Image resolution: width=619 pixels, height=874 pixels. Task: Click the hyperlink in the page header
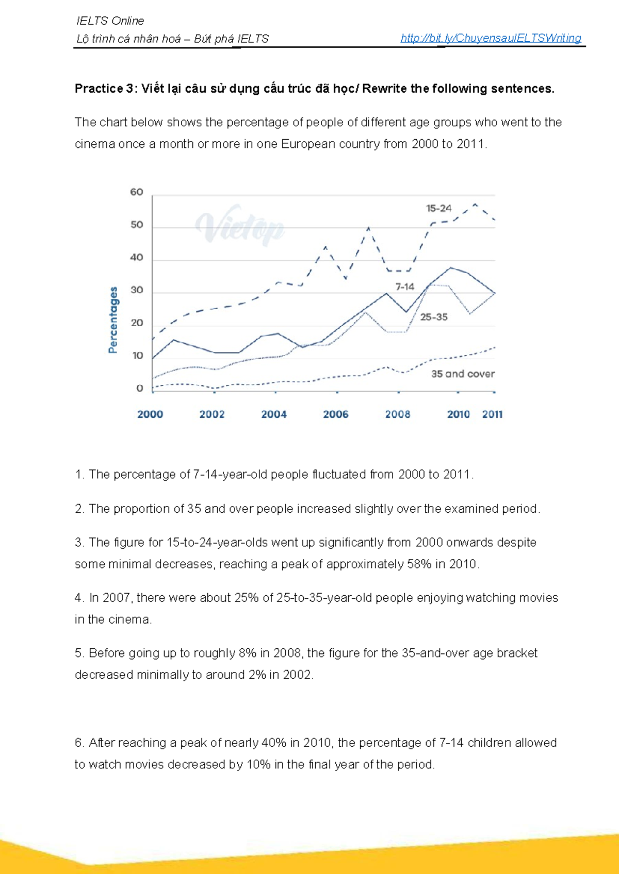tap(491, 38)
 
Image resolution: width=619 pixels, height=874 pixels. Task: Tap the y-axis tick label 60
tap(137, 192)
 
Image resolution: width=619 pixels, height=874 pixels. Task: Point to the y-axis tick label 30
tap(137, 290)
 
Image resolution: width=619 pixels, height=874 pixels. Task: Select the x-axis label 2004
tap(274, 414)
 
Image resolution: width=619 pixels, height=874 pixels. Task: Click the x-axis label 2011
tap(493, 414)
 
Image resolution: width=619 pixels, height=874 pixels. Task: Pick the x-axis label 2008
tap(398, 414)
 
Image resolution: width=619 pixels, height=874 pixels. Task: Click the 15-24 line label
tap(438, 209)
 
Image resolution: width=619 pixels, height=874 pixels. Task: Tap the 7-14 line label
tap(405, 287)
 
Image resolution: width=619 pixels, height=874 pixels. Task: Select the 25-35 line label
tap(434, 317)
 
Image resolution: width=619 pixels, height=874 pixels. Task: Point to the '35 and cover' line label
tap(463, 374)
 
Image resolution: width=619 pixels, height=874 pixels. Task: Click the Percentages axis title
tap(113, 320)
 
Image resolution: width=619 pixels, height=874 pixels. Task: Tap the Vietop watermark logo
tap(240, 226)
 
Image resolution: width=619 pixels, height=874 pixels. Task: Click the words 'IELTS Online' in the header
tap(110, 21)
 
